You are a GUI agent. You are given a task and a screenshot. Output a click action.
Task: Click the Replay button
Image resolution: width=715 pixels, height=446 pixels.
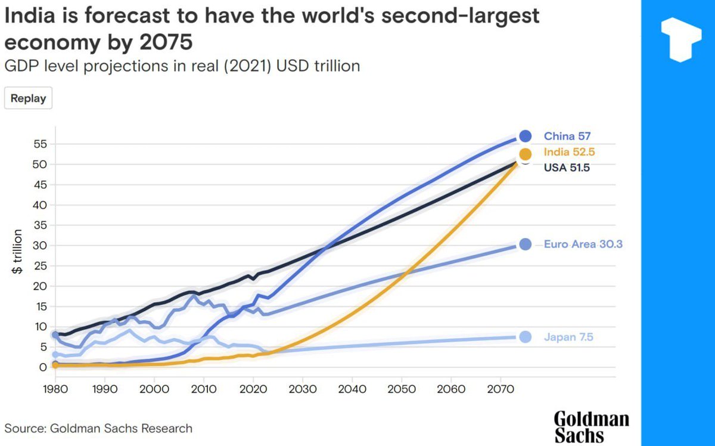point(28,98)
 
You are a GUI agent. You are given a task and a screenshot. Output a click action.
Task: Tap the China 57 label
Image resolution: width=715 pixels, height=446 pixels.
point(567,136)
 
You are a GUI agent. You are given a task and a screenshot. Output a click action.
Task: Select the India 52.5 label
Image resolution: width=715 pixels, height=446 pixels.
point(569,152)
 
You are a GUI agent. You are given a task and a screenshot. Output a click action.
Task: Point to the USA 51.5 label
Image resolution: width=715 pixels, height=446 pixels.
point(567,168)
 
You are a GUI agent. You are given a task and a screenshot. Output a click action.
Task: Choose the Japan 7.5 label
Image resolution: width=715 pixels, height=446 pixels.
point(568,337)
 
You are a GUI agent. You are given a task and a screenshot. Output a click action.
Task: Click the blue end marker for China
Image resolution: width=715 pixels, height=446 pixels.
point(525,136)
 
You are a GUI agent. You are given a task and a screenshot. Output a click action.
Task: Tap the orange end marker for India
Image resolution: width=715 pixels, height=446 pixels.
point(525,153)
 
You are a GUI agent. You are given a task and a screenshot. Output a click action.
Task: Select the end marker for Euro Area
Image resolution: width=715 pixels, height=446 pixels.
point(525,244)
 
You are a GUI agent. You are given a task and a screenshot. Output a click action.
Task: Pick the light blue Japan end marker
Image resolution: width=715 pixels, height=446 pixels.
point(525,337)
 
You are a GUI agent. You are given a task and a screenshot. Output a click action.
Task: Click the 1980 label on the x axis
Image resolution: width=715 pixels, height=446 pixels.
point(55,389)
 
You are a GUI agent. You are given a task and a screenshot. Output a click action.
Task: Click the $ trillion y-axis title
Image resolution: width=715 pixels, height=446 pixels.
point(18,252)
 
